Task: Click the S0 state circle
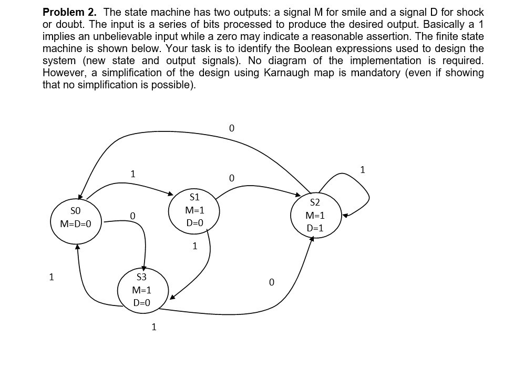tap(76, 218)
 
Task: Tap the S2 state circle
tap(315, 216)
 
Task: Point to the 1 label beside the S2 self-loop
tap(362, 169)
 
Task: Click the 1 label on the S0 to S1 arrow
tap(133, 174)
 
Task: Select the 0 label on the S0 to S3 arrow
tap(132, 216)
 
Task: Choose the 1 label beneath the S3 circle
tap(153, 328)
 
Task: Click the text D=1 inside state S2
tap(315, 228)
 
